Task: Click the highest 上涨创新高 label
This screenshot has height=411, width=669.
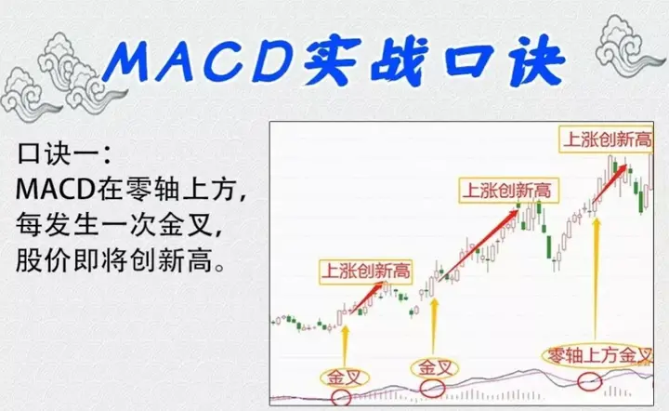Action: click(604, 140)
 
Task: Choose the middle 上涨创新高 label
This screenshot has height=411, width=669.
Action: click(505, 192)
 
